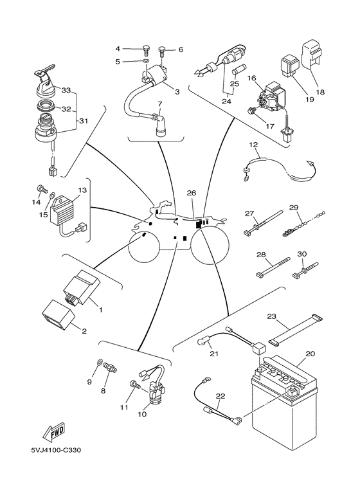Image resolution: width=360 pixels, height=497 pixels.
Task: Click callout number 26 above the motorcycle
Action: (x=191, y=192)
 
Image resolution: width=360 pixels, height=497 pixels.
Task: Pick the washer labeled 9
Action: (x=100, y=363)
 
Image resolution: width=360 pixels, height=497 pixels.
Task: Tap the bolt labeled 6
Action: (x=162, y=48)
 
